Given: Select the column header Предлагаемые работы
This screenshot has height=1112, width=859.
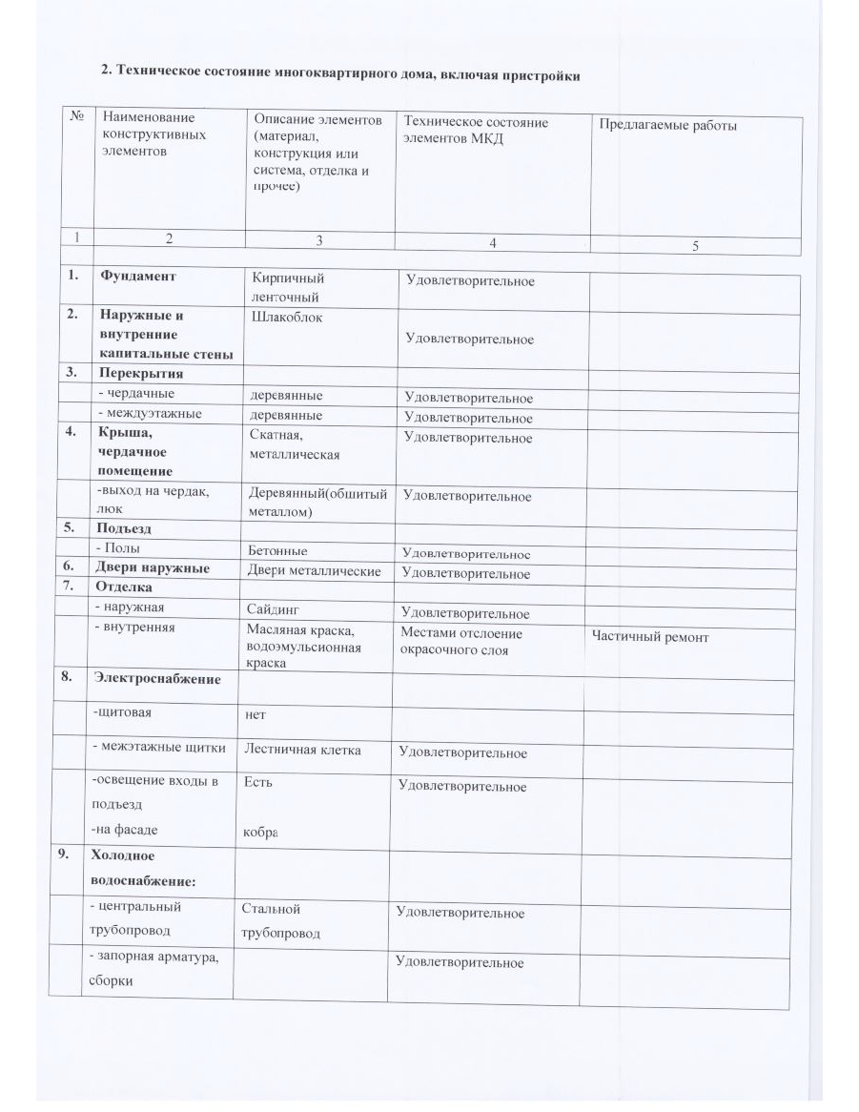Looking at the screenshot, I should pyautogui.click(x=667, y=125).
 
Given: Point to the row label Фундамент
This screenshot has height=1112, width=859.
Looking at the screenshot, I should pyautogui.click(x=137, y=277).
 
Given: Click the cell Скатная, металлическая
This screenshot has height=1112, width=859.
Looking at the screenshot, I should pyautogui.click(x=295, y=444).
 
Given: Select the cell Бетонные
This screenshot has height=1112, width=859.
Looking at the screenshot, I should pyautogui.click(x=277, y=550).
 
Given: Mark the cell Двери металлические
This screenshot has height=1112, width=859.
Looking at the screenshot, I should pyautogui.click(x=314, y=570).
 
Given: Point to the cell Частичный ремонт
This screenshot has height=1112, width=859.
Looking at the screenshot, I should pyautogui.click(x=650, y=637).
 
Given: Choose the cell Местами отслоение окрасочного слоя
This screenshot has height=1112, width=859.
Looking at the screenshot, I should pyautogui.click(x=461, y=641).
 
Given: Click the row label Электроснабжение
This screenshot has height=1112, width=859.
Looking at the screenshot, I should pyautogui.click(x=156, y=679).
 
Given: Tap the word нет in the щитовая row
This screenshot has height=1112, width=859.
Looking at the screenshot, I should pyautogui.click(x=255, y=713).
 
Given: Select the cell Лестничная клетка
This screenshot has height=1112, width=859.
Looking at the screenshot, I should pyautogui.click(x=302, y=750).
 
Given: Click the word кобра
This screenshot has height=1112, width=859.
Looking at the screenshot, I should pyautogui.click(x=260, y=833).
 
